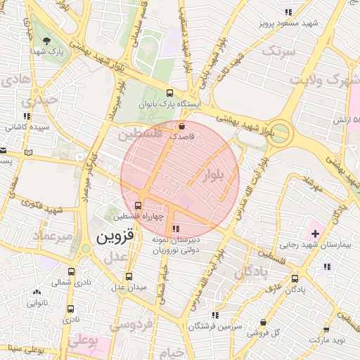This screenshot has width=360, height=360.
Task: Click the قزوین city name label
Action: [108, 238]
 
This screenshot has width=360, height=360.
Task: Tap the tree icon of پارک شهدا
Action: [47, 41]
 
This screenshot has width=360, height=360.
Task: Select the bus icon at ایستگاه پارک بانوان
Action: [169, 93]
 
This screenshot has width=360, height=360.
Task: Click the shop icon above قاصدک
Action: [183, 126]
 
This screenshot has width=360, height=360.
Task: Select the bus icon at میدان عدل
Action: [128, 276]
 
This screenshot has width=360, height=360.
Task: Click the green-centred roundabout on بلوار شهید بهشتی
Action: [281, 131]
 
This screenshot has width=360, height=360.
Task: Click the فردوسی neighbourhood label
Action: [132, 326]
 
